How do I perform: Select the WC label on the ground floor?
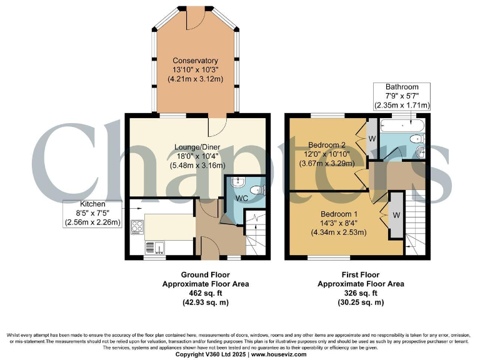point(242,199)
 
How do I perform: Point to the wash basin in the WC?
point(236,182)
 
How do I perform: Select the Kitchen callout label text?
point(93,204)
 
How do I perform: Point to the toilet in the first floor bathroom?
point(415,139)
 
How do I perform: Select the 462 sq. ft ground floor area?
point(206,293)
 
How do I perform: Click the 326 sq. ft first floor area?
point(361,293)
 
